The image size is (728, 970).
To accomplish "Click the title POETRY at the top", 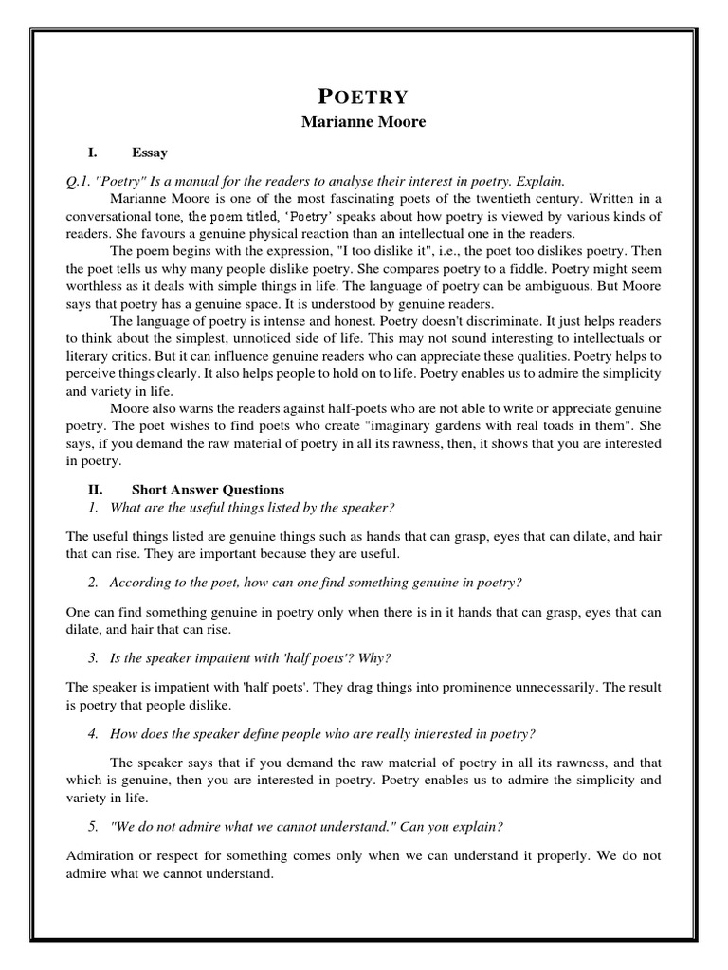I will (x=362, y=96).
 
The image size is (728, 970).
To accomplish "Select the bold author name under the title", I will (x=362, y=123).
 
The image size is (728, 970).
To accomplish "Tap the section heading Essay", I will (x=149, y=152).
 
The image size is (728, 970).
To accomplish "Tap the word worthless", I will (x=99, y=287).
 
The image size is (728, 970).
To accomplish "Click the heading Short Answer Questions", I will (x=207, y=490).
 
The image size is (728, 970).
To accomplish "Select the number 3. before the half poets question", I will (x=93, y=658).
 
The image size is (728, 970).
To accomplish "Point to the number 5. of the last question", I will (x=93, y=827).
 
